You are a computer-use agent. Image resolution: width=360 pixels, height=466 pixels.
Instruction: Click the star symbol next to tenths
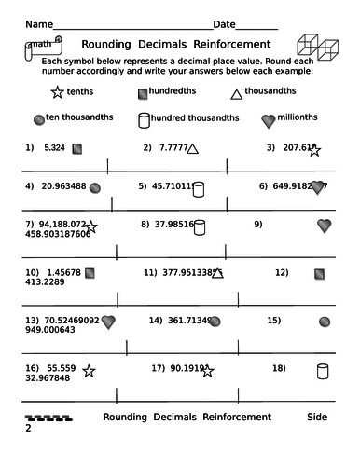pyautogui.click(x=58, y=93)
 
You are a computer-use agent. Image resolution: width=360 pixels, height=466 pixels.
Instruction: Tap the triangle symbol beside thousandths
pyautogui.click(x=236, y=92)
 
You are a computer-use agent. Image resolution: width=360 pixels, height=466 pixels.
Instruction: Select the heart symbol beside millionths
pyautogui.click(x=269, y=120)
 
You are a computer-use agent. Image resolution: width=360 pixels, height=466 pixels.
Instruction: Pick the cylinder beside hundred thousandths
pyautogui.click(x=144, y=119)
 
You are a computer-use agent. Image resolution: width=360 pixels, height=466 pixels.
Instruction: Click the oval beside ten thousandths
pyautogui.click(x=38, y=119)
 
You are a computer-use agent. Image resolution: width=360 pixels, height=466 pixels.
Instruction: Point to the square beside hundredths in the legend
pyautogui.click(x=143, y=93)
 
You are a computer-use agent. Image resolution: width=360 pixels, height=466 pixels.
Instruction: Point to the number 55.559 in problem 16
pyautogui.click(x=58, y=368)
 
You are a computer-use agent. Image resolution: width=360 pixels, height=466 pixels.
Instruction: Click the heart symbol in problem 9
pyautogui.click(x=324, y=226)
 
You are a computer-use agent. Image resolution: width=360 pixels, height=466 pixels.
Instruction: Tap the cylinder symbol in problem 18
pyautogui.click(x=323, y=371)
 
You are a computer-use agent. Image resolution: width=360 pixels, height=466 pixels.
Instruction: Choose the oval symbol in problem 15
pyautogui.click(x=324, y=321)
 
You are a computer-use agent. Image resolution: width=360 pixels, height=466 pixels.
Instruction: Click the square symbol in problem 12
pyautogui.click(x=320, y=274)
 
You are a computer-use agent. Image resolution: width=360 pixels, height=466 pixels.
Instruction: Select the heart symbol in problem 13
pyautogui.click(x=108, y=322)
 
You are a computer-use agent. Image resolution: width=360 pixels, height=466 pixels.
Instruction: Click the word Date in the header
pyautogui.click(x=224, y=23)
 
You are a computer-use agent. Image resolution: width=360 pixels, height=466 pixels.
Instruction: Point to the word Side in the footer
pyautogui.click(x=316, y=416)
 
